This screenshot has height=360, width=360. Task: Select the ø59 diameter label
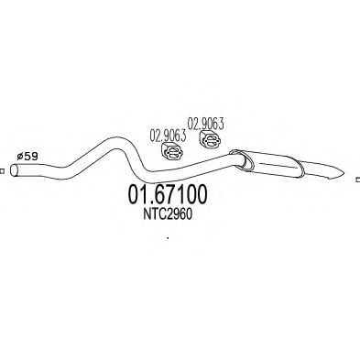click(x=30, y=158)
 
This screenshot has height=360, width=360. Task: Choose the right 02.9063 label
click(x=206, y=121)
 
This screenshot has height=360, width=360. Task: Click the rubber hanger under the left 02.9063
click(x=169, y=151)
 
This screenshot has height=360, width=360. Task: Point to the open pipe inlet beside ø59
click(x=21, y=169)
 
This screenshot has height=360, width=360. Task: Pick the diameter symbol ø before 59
click(x=22, y=158)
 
